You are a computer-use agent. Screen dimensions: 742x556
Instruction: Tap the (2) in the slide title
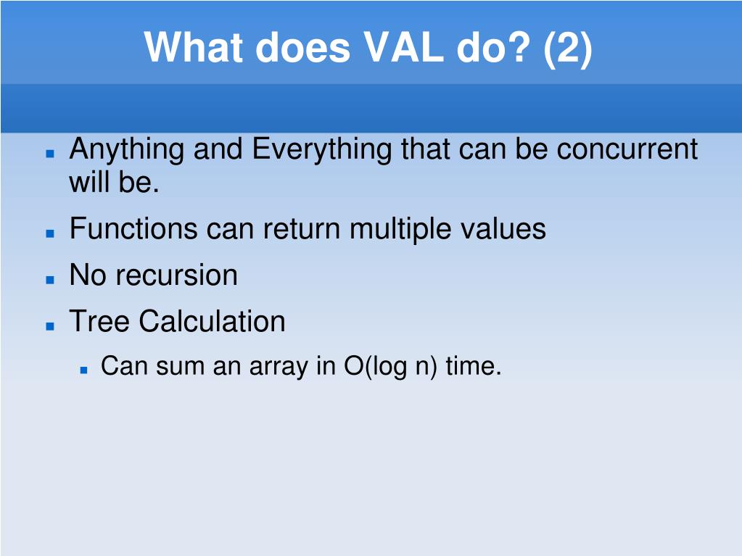pyautogui.click(x=567, y=49)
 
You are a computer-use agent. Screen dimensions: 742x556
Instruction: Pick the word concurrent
pyautogui.click(x=627, y=149)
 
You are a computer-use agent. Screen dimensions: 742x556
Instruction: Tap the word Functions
pyautogui.click(x=133, y=228)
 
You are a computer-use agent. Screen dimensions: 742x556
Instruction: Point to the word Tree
pyautogui.click(x=99, y=322)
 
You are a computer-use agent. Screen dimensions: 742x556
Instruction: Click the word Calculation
pyautogui.click(x=212, y=322)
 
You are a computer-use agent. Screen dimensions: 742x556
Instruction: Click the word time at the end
pyautogui.click(x=473, y=366)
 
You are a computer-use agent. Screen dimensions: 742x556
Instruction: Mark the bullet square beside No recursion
pyautogui.click(x=50, y=280)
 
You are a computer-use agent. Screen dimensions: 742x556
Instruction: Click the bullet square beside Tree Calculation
pyautogui.click(x=50, y=326)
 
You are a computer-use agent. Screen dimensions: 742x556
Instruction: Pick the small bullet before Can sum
pyautogui.click(x=83, y=370)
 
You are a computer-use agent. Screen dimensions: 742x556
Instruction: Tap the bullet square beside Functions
pyautogui.click(x=50, y=233)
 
